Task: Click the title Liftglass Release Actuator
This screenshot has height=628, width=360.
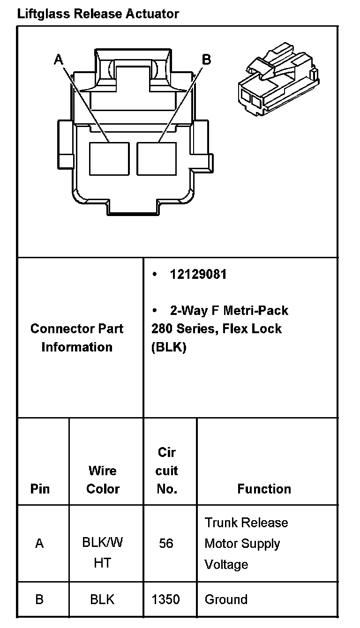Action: click(97, 14)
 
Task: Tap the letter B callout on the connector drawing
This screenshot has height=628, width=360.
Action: click(206, 59)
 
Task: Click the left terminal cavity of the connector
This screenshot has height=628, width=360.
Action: click(109, 158)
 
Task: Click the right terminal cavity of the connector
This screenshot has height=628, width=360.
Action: click(157, 158)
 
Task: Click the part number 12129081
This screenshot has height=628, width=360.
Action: click(198, 275)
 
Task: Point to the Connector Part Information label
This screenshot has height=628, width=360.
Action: click(77, 337)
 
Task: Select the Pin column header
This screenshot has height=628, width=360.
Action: click(40, 489)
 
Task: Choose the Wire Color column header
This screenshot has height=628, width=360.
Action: click(103, 479)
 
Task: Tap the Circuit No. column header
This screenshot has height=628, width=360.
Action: click(167, 471)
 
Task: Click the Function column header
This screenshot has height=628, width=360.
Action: click(264, 489)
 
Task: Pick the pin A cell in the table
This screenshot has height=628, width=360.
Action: click(40, 543)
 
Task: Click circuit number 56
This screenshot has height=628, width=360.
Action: click(166, 543)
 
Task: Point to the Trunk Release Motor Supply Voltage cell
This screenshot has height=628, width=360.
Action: click(246, 544)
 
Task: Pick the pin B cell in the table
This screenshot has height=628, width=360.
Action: click(40, 599)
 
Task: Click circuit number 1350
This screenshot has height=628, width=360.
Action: click(166, 599)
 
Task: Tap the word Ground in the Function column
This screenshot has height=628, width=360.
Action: click(226, 599)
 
